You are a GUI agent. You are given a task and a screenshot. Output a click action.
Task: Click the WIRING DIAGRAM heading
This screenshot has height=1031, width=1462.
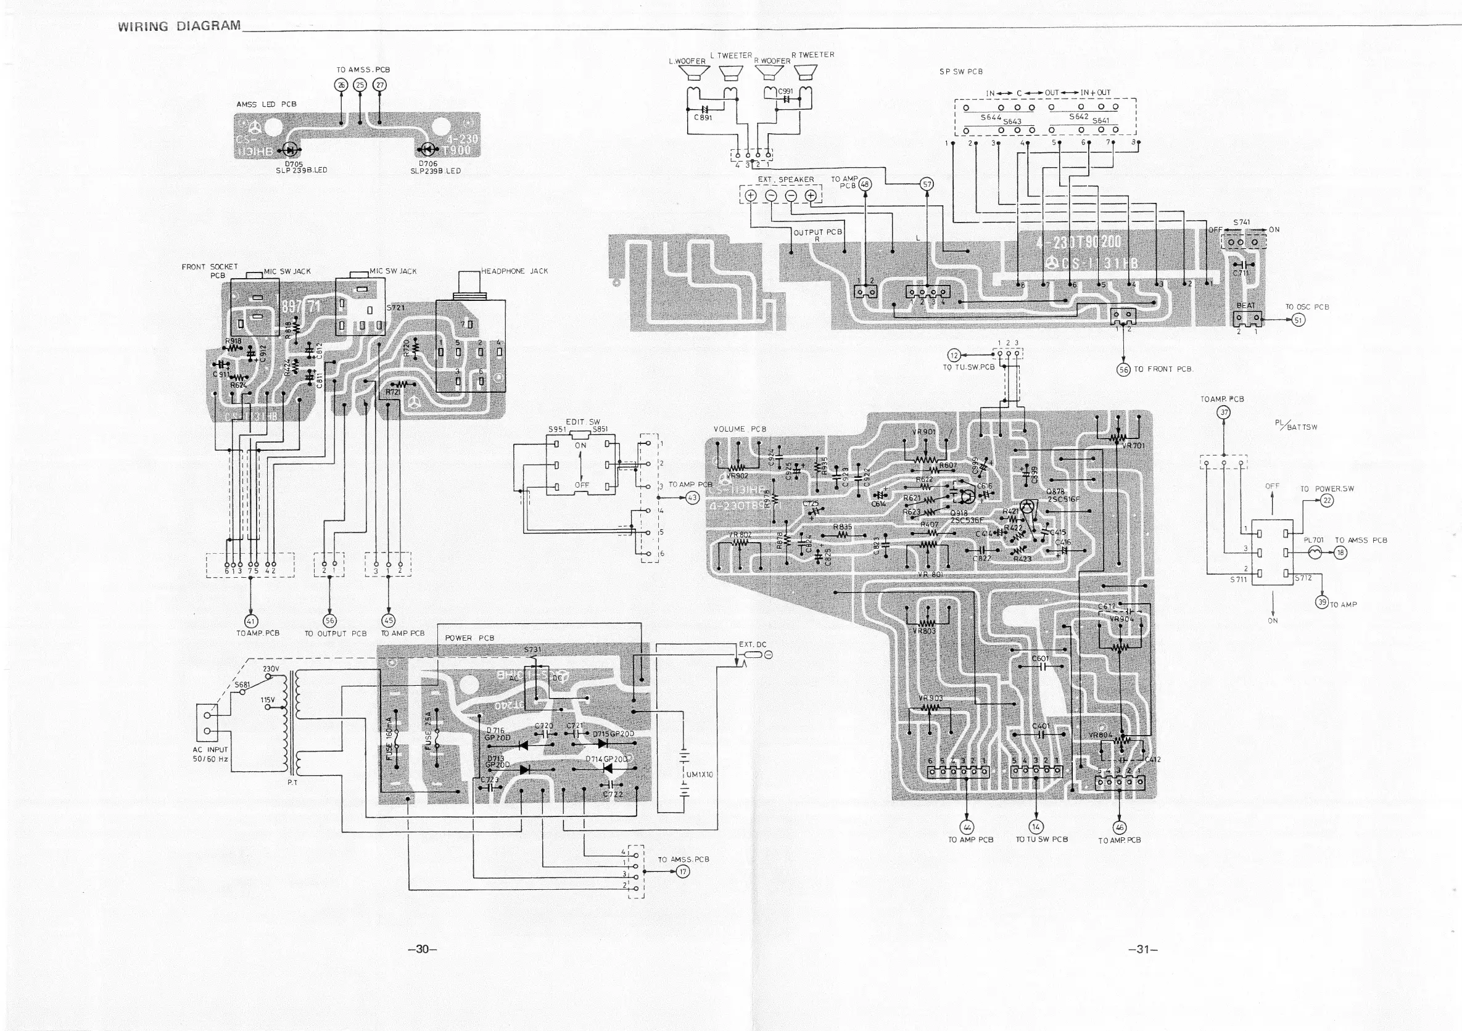click(x=179, y=26)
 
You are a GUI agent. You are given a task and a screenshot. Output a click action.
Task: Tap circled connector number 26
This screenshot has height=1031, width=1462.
click(x=341, y=85)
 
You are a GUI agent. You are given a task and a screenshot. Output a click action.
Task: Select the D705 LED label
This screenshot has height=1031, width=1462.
click(x=294, y=164)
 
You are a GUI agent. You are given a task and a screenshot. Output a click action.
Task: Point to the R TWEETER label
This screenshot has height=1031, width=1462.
click(x=812, y=55)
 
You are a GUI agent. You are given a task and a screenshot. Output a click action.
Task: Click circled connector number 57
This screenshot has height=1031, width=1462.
click(x=927, y=184)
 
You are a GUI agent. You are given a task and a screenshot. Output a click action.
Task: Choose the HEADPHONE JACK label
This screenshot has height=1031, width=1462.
click(x=514, y=271)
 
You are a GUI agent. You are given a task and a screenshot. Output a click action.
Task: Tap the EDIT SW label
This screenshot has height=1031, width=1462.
click(x=582, y=422)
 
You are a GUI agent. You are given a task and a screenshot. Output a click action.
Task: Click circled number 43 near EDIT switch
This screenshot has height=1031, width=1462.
click(x=692, y=498)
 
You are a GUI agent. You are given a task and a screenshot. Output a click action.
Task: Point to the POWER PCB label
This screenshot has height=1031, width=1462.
click(x=469, y=638)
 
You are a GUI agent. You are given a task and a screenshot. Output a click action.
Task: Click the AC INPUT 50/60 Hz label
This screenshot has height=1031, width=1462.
click(x=210, y=754)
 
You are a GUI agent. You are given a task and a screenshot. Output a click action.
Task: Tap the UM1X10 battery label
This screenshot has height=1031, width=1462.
click(x=700, y=774)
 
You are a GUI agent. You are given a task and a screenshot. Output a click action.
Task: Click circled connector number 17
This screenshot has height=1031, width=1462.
click(x=683, y=871)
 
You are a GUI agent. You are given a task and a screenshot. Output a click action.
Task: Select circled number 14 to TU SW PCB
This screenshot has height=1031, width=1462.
click(x=1036, y=827)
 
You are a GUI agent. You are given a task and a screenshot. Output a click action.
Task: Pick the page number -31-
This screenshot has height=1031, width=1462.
click(x=1143, y=950)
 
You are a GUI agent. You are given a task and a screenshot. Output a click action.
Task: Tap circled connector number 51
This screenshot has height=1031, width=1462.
click(x=1299, y=319)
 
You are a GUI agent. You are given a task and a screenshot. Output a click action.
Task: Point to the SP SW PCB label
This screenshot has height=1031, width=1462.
click(x=961, y=72)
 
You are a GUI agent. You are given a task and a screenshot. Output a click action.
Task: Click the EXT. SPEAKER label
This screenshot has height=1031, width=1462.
click(x=785, y=179)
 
